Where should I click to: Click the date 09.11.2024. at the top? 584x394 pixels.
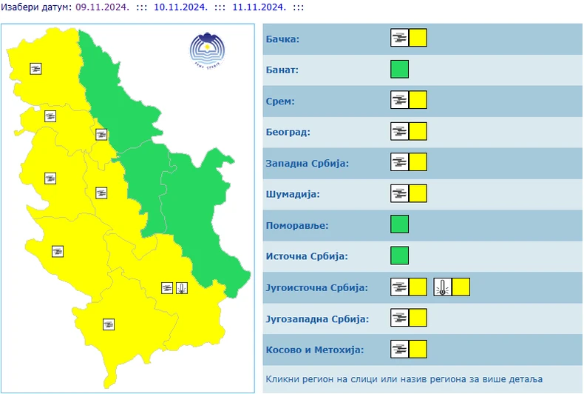coord(102,7)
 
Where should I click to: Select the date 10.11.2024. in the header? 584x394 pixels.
coord(180,7)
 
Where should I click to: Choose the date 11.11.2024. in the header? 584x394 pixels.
coord(258,7)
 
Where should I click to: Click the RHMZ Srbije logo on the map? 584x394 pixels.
coord(207,50)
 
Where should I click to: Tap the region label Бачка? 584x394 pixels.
coord(282,39)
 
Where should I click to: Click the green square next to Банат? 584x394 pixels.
coord(399,70)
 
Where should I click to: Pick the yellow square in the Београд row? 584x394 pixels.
coord(418,132)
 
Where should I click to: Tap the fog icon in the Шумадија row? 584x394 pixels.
coord(400,193)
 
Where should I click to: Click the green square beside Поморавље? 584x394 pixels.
coord(399,224)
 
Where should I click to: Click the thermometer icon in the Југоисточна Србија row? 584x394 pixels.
coord(443,287)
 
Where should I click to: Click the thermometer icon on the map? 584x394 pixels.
coord(182,288)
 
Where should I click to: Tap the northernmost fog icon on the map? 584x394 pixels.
coord(36,69)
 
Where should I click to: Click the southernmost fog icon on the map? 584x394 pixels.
coord(109,324)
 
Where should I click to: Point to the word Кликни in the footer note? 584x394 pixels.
coord(283,378)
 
